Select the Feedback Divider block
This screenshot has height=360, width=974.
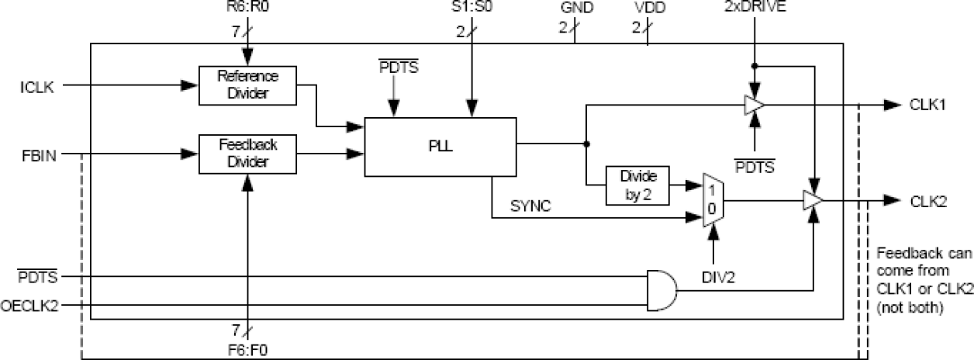[247, 153]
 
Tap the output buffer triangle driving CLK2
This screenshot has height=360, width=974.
[812, 200]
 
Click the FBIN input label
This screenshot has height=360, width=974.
[36, 153]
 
